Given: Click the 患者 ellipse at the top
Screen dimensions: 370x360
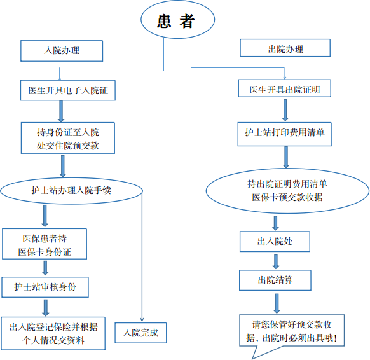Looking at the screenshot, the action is click(177, 19).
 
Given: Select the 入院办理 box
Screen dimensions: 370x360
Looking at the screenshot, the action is click(62, 51).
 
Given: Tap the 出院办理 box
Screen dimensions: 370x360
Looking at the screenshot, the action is click(285, 48).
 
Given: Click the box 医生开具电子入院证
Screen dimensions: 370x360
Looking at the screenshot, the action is click(68, 90).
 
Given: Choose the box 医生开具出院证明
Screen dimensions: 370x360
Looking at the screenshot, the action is click(285, 88).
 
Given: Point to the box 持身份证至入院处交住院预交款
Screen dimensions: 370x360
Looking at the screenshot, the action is click(68, 138).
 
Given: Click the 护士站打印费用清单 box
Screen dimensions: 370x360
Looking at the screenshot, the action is click(285, 134).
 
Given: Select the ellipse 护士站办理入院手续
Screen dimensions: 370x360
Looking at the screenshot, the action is click(71, 191).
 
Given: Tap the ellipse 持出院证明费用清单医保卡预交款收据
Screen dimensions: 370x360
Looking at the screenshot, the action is click(287, 191).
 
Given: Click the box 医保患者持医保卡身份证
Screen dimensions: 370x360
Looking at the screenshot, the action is click(45, 244).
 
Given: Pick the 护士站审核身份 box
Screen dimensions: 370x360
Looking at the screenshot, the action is click(45, 287).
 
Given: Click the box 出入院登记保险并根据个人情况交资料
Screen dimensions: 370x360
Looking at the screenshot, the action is click(53, 333).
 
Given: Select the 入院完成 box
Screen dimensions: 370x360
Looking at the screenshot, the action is click(140, 333).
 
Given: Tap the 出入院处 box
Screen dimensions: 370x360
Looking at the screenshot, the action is click(275, 241).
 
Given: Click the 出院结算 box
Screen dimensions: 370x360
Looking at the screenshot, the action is click(275, 280).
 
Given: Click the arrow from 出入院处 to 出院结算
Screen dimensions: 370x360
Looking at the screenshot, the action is click(276, 261).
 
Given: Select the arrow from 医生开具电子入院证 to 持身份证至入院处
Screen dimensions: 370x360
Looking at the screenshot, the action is click(61, 111).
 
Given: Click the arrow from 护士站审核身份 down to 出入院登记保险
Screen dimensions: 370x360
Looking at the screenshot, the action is click(46, 308).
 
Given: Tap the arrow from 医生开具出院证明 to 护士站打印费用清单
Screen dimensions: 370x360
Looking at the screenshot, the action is click(285, 110).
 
